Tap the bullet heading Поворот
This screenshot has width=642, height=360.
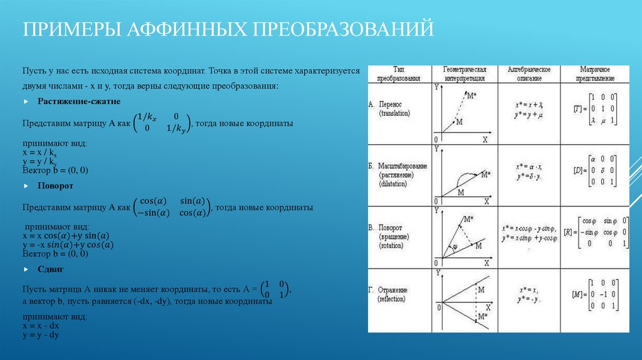tap(55, 186)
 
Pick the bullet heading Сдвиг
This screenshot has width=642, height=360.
tap(51, 269)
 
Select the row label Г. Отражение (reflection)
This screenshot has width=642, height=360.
tap(394, 294)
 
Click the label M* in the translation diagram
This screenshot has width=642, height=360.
tap(472, 95)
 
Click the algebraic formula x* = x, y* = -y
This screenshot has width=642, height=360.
tap(528, 294)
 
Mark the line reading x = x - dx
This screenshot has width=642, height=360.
tap(41, 326)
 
